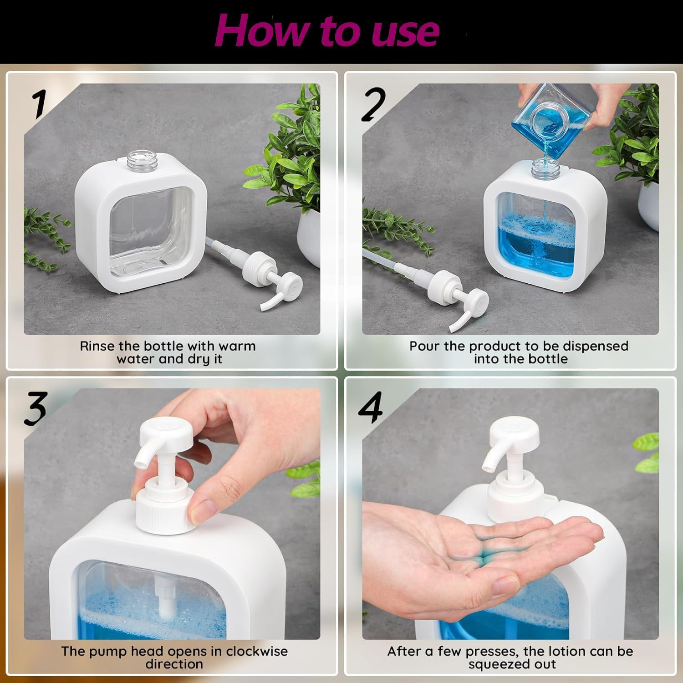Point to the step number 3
click(x=36, y=408)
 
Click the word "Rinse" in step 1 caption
click(x=97, y=346)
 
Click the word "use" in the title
click(x=405, y=32)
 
